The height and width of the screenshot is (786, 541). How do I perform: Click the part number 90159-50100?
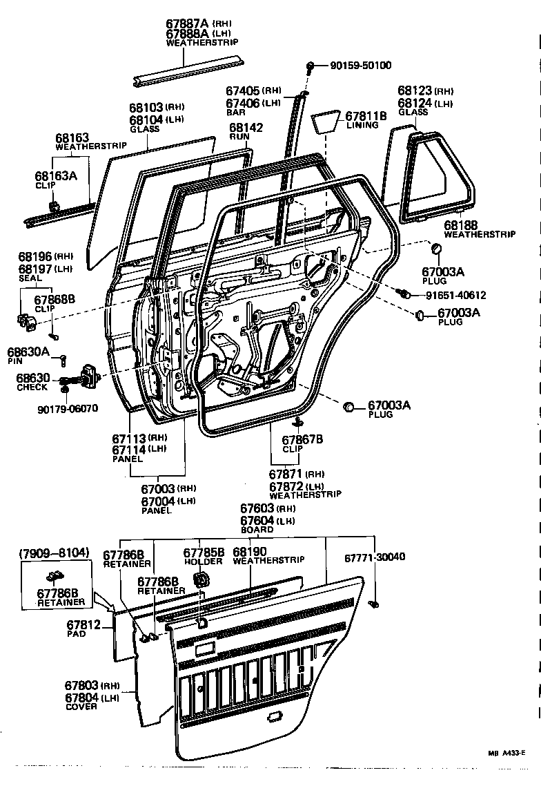pyautogui.click(x=361, y=66)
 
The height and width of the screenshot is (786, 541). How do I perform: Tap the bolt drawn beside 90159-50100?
pyautogui.click(x=312, y=66)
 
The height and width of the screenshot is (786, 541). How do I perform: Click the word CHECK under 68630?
pyautogui.click(x=32, y=387)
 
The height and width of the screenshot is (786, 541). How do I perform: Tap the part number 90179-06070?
pyautogui.click(x=68, y=408)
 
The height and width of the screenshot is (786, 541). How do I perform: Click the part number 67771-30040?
pyautogui.click(x=374, y=557)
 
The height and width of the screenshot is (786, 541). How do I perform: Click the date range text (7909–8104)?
pyautogui.click(x=54, y=553)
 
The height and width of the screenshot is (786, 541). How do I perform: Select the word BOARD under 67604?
pyautogui.click(x=257, y=530)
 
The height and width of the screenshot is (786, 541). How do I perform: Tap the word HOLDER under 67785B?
pyautogui.click(x=203, y=562)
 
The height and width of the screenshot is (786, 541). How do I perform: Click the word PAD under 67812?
pyautogui.click(x=77, y=633)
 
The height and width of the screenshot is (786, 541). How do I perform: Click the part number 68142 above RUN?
pyautogui.click(x=246, y=128)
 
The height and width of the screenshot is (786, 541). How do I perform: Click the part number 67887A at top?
pyautogui.click(x=187, y=23)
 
